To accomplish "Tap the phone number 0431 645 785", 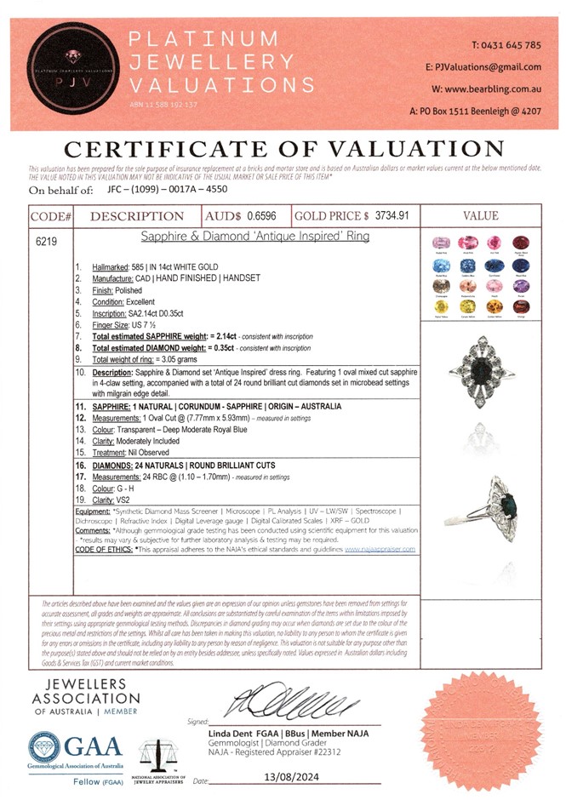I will (x=506, y=44).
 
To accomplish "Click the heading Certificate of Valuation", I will (x=284, y=148).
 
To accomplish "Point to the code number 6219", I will (x=46, y=242).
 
